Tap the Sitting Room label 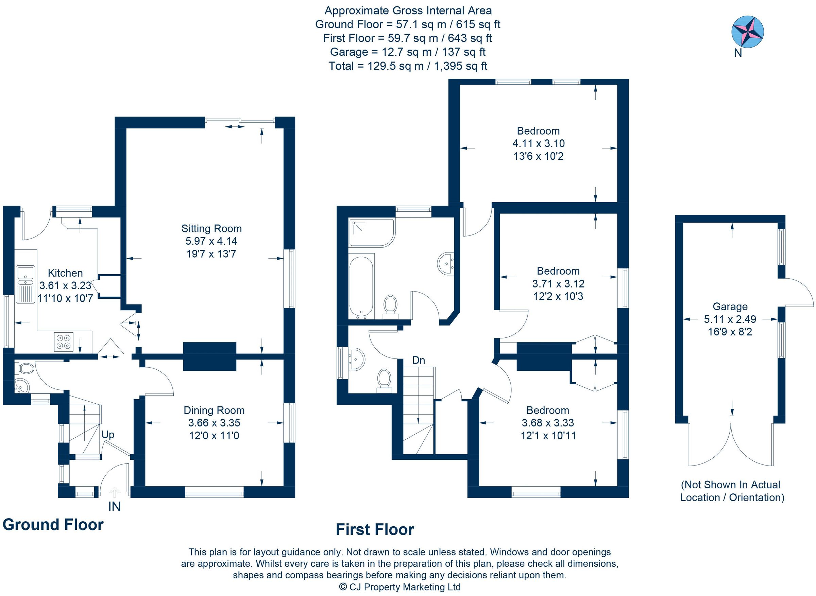pyautogui.click(x=211, y=228)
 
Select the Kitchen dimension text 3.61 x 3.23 pyautogui.click(x=65, y=285)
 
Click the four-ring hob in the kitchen pyautogui.click(x=64, y=341)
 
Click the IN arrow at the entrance pyautogui.click(x=114, y=492)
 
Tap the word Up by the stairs pyautogui.click(x=107, y=434)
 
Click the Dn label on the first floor pyautogui.click(x=418, y=360)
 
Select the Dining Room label pyautogui.click(x=214, y=410)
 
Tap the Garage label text pyautogui.click(x=730, y=306)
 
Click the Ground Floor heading pyautogui.click(x=53, y=525)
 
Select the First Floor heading pyautogui.click(x=375, y=530)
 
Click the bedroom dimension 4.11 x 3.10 pyautogui.click(x=538, y=144)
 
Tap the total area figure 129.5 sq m pyautogui.click(x=395, y=66)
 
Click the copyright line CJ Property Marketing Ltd pyautogui.click(x=400, y=587)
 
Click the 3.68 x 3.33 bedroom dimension pyautogui.click(x=547, y=423)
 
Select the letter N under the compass pyautogui.click(x=738, y=53)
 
